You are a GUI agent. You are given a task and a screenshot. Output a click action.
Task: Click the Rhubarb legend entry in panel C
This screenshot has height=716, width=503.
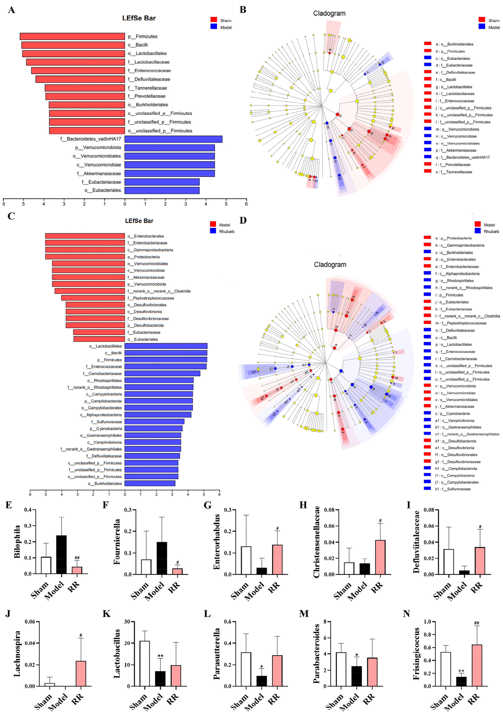pyautogui.click(x=226, y=231)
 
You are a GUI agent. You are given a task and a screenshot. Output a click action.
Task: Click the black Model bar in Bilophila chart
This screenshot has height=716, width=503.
pyautogui.click(x=61, y=554)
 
